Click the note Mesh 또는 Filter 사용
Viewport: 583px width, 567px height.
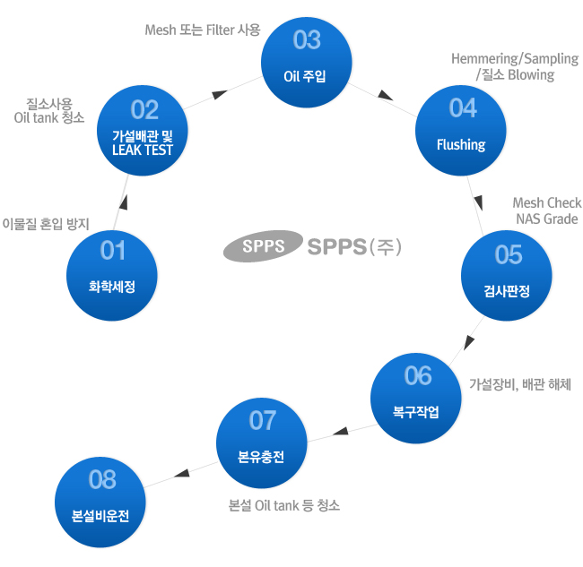(203, 30)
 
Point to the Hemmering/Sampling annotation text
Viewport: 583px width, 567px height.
(514, 59)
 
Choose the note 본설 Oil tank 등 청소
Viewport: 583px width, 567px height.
(285, 505)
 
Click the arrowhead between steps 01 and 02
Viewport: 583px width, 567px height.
(123, 202)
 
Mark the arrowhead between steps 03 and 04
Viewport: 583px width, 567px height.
(387, 97)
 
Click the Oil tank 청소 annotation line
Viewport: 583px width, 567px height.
(49, 116)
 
